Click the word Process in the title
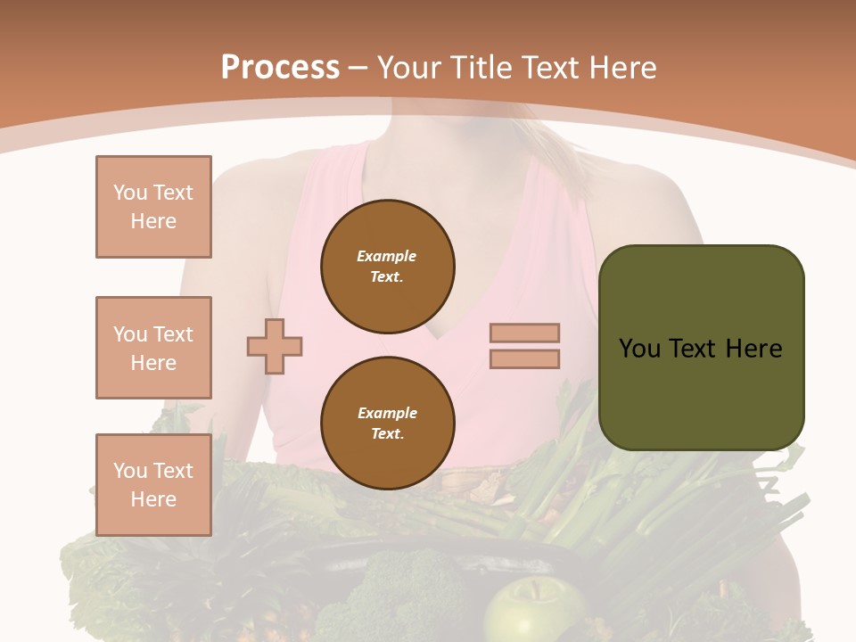point(280,68)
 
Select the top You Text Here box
point(153,207)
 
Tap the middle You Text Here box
point(153,348)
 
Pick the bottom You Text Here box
point(153,484)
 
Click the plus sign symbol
point(275,345)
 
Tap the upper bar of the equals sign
point(524,333)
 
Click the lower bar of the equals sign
point(524,358)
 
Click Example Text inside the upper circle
point(387,266)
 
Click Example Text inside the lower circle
point(387,423)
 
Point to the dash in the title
point(358,68)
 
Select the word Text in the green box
point(693,348)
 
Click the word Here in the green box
point(753,348)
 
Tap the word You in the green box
point(639,348)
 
